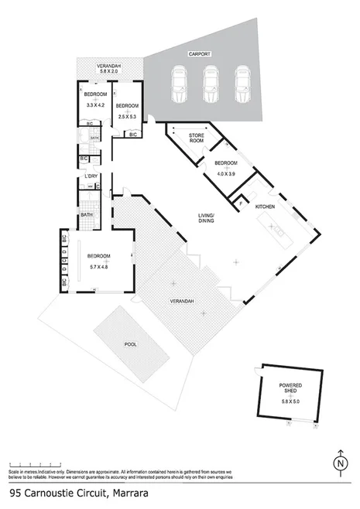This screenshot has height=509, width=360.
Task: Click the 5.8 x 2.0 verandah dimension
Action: (108, 72)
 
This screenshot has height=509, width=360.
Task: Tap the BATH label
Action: (86, 215)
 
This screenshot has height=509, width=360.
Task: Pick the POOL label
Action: (130, 347)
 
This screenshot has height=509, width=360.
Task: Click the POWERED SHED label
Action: (290, 388)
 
